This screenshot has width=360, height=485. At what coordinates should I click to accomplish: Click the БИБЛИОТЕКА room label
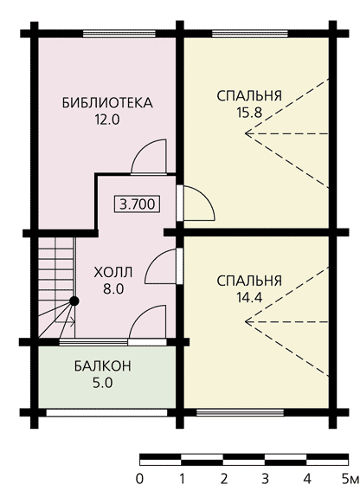(107, 103)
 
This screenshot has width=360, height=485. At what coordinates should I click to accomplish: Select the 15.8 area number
(249, 113)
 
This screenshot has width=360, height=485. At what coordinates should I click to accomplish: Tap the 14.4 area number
(249, 298)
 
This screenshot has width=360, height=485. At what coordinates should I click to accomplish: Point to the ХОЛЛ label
(113, 273)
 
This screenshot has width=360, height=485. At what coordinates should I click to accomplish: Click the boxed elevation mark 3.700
(138, 204)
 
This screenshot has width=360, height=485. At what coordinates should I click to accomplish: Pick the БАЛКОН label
(103, 366)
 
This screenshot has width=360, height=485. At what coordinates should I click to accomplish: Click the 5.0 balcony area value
(103, 383)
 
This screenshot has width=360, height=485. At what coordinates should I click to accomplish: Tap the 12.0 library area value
(107, 120)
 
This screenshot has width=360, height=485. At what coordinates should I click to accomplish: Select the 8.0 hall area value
(113, 289)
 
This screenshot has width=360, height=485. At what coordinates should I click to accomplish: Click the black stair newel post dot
(74, 301)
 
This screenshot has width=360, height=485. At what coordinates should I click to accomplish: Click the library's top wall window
(119, 34)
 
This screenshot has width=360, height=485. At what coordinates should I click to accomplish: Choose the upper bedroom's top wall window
(250, 34)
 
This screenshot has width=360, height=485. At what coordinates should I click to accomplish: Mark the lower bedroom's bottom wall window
(240, 412)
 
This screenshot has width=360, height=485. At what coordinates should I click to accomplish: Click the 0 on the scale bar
(139, 478)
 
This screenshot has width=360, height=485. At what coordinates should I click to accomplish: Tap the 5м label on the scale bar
(350, 478)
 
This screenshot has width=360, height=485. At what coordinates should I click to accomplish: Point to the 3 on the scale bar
(265, 478)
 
